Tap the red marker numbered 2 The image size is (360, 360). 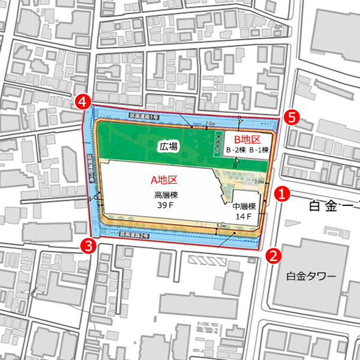(273, 256)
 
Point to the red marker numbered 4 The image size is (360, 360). (84, 102)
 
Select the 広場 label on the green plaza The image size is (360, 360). (168, 146)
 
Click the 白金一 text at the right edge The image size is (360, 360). (333, 207)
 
